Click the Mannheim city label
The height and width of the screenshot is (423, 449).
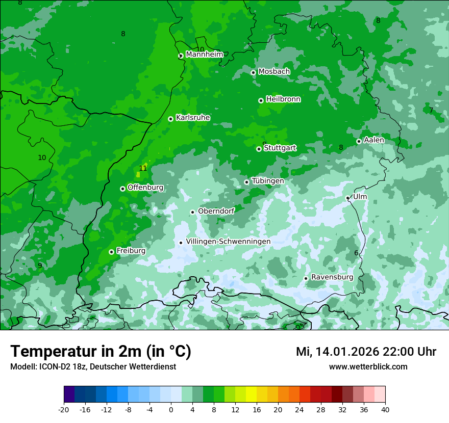pyautogui.click(x=204, y=55)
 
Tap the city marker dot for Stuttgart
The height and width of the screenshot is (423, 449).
pyautogui.click(x=259, y=149)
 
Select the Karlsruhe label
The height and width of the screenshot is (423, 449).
pyautogui.click(x=193, y=118)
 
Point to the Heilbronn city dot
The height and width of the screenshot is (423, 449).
pyautogui.click(x=261, y=100)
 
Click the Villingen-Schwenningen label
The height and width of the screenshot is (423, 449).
pyautogui.click(x=228, y=242)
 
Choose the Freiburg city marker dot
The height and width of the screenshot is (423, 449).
pyautogui.click(x=111, y=252)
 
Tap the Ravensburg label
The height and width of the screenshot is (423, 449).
pyautogui.click(x=332, y=277)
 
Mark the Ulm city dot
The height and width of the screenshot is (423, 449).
pyautogui.click(x=347, y=198)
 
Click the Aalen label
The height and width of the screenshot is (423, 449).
pyautogui.click(x=374, y=140)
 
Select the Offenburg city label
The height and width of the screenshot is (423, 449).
pyautogui.click(x=145, y=188)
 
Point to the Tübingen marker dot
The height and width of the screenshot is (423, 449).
pyautogui.click(x=246, y=182)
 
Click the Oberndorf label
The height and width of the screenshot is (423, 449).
pyautogui.click(x=216, y=211)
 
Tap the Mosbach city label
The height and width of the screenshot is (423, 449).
pyautogui.click(x=274, y=72)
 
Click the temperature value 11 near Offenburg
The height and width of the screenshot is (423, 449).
pyautogui.click(x=143, y=168)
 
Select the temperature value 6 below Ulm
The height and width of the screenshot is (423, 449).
pyautogui.click(x=356, y=253)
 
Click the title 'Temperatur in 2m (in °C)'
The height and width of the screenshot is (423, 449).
pyautogui.click(x=101, y=351)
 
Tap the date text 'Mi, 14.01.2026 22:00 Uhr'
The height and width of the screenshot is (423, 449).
pyautogui.click(x=366, y=352)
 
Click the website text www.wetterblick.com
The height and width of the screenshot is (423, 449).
pyautogui.click(x=368, y=366)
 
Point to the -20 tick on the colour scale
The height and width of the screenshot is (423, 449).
pyautogui.click(x=64, y=409)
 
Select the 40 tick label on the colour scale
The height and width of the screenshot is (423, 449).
pyautogui.click(x=385, y=409)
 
